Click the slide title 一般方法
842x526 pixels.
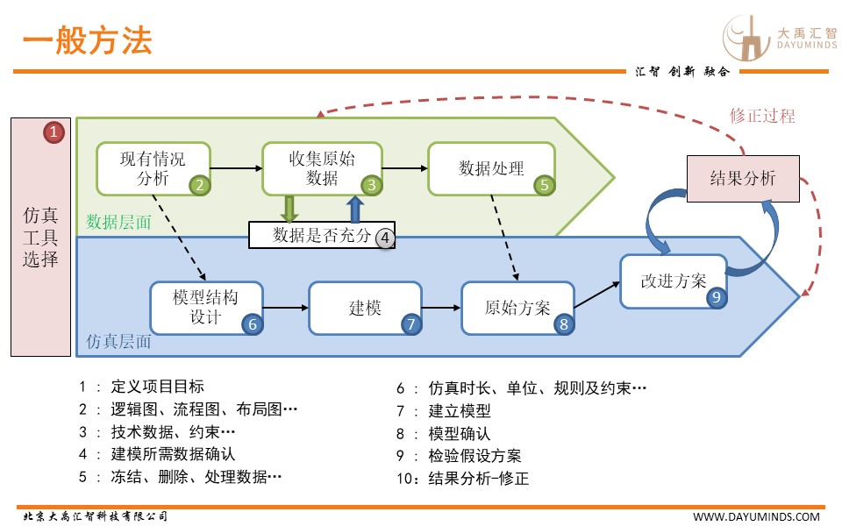point(87,41)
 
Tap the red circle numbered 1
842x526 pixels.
point(54,132)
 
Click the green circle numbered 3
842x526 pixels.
point(372,185)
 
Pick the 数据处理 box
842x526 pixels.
point(491,167)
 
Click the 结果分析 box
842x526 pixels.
point(742,179)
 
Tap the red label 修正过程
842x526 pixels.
point(762,116)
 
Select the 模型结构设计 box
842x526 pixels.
point(205,307)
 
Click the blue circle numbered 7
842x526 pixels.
point(412,323)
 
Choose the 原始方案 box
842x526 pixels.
point(517,308)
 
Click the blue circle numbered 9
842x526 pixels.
point(717,297)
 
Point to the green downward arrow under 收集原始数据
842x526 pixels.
point(289,209)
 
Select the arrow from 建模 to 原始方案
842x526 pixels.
point(441,308)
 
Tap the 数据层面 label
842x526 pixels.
point(119,223)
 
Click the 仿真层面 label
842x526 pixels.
point(119,342)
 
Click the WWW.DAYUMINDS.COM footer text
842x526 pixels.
point(756,516)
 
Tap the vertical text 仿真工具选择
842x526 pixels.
point(41,237)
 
